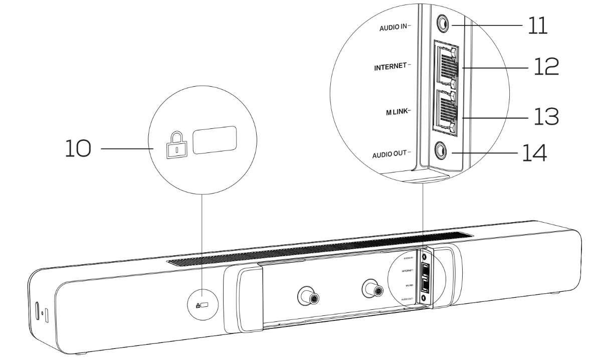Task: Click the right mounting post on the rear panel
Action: (x=374, y=289)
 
